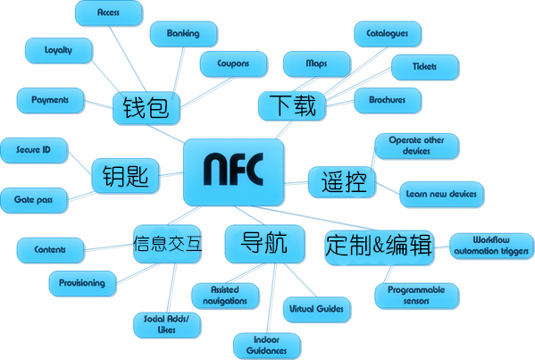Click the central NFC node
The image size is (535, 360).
[234, 172]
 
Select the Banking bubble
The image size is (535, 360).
[184, 34]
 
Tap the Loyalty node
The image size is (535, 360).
[59, 51]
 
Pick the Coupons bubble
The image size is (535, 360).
[234, 63]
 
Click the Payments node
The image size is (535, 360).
[51, 100]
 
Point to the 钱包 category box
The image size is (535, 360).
[146, 108]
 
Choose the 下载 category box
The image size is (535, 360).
[292, 105]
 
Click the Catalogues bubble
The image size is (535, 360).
[388, 34]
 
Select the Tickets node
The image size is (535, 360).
[425, 67]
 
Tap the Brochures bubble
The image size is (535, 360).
[388, 100]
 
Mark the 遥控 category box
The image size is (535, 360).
[342, 182]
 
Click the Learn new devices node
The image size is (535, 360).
[441, 194]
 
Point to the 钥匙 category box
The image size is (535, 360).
[126, 176]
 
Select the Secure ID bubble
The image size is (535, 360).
[34, 150]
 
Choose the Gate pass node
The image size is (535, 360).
[34, 200]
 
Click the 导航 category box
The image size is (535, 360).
[264, 244]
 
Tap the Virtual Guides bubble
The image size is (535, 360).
[317, 309]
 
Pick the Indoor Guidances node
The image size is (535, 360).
[267, 346]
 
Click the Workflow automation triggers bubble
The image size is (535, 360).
[491, 246]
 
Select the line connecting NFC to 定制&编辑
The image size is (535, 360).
[313, 218]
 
